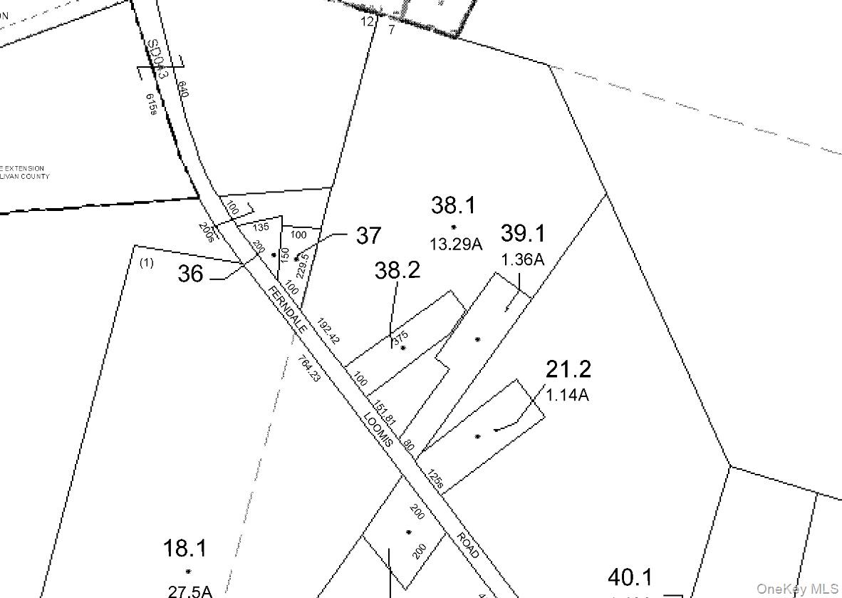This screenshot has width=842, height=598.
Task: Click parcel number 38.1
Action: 453,205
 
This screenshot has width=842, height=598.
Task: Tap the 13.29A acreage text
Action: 456,244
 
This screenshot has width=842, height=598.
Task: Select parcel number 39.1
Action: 523,233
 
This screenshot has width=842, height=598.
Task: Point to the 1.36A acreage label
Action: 523,259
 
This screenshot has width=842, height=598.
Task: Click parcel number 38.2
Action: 397,269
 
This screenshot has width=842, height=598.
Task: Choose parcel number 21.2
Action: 568,369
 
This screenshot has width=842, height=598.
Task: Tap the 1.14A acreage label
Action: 568,394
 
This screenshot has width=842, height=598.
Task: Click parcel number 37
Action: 368,235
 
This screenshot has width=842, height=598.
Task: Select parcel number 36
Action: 190,274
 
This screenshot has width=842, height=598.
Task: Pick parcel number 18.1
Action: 185,548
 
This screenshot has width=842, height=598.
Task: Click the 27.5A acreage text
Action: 190,591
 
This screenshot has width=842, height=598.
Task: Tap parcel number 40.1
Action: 630,577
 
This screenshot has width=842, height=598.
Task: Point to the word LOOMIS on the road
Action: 378,429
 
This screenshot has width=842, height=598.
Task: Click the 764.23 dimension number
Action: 310,368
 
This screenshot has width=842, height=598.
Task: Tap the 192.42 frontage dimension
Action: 329,331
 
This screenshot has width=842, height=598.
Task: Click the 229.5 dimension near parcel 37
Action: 302,266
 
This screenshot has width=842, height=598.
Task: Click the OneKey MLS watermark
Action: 797,589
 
